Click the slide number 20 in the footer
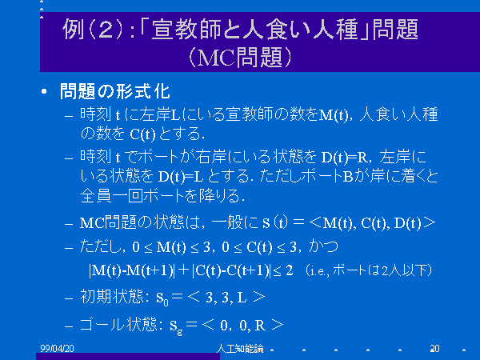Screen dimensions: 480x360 pyautogui.click(x=434, y=348)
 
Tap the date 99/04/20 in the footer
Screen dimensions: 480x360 pyautogui.click(x=58, y=348)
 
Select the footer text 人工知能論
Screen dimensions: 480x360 pyautogui.click(x=240, y=348)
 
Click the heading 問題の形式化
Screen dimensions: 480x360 pyautogui.click(x=114, y=91)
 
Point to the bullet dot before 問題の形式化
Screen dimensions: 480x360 pyautogui.click(x=44, y=91)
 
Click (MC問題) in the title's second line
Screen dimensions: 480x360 pyautogui.click(x=240, y=58)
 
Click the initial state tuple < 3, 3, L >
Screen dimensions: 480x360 pyautogui.click(x=226, y=297)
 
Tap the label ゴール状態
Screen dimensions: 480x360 pyautogui.click(x=118, y=325)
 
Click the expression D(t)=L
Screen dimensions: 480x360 pyautogui.click(x=181, y=177)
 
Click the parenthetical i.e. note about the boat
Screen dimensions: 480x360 pyautogui.click(x=368, y=270)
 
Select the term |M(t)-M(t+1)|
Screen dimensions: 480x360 pyautogui.click(x=132, y=270)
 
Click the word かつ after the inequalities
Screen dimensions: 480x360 pyautogui.click(x=324, y=246)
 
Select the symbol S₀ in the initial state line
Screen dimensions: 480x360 pyautogui.click(x=162, y=298)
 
